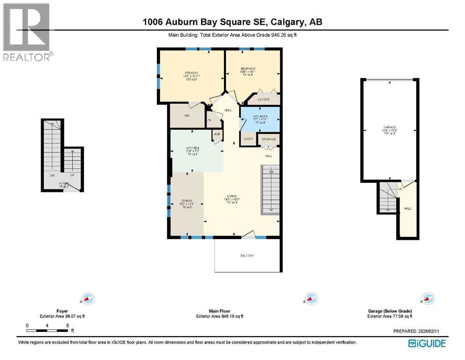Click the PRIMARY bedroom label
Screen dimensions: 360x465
(191, 73)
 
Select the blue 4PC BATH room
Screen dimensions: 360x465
(260, 120)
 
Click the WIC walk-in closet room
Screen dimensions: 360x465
(187, 115)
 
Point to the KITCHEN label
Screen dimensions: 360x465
(192, 147)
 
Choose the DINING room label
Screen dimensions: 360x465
(186, 200)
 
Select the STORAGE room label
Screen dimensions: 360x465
(268, 139)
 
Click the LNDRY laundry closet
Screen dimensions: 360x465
(247, 139)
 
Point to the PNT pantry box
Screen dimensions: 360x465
(217, 135)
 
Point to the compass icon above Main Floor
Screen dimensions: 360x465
(310, 298)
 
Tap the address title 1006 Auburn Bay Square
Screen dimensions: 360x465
(232, 22)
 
